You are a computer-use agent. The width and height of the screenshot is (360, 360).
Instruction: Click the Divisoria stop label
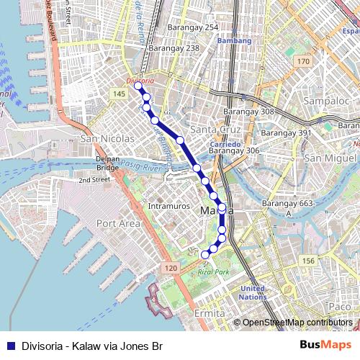coord(140,81)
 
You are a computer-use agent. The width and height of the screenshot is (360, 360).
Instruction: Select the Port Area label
coord(117,223)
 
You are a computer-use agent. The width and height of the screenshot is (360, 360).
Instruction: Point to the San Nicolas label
coord(109,138)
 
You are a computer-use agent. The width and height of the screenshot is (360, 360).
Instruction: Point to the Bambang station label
coord(234,41)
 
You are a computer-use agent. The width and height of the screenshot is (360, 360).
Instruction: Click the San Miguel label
coord(327,158)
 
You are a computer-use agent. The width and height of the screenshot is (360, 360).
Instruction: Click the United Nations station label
coord(253,292)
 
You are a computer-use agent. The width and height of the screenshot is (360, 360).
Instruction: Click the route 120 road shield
coord(170,268)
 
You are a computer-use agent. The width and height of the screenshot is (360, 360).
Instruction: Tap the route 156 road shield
coord(309,260)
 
